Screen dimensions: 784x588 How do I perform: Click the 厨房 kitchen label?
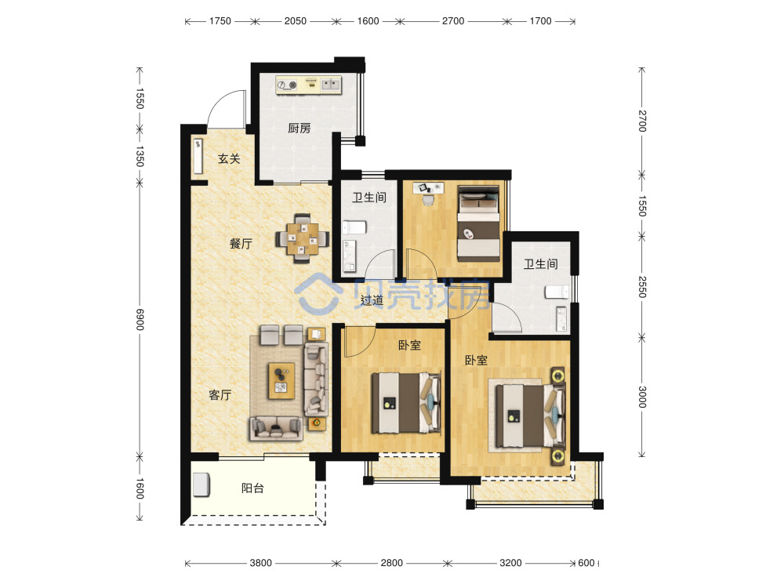(299, 129)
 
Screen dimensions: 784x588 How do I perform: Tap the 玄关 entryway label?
(229, 159)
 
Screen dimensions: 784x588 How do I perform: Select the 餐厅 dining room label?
(241, 244)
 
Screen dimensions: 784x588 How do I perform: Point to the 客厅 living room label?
(220, 395)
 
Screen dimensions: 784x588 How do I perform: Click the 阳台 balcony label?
(252, 488)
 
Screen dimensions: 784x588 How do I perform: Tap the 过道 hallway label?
(372, 300)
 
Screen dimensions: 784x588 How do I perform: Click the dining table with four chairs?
(303, 238)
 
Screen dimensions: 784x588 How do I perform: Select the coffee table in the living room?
(281, 380)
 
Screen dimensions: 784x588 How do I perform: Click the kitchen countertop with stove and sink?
(308, 85)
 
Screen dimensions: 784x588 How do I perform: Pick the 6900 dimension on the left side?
(140, 320)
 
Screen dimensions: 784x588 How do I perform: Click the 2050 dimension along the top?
(295, 21)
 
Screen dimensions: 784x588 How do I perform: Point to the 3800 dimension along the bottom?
(260, 563)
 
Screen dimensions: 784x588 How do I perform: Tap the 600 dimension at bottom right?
(586, 563)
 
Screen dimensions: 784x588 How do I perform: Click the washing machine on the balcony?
(201, 485)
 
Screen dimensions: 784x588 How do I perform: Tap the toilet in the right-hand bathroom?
(557, 292)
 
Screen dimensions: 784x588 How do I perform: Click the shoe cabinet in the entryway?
(198, 156)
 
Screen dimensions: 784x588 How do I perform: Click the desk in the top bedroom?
(429, 188)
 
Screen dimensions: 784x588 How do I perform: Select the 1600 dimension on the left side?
(140, 488)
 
